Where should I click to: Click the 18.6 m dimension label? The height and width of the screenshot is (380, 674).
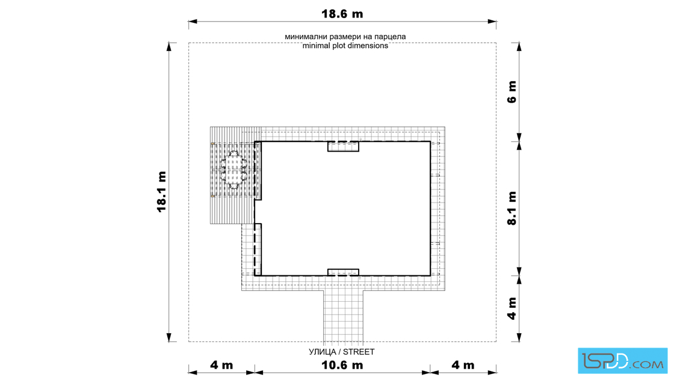[342, 14]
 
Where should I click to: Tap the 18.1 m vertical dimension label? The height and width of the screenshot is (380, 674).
[162, 192]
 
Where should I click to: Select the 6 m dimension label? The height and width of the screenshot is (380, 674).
[512, 91]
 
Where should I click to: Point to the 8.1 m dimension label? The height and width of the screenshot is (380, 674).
[512, 208]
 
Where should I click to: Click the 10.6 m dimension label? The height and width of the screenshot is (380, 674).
[342, 366]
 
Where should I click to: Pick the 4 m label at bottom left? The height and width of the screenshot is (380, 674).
[221, 366]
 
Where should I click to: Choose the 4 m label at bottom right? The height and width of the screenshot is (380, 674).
[463, 366]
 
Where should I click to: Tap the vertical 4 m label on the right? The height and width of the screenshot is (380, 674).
[512, 308]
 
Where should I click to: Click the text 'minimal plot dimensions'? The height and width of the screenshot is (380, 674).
[345, 46]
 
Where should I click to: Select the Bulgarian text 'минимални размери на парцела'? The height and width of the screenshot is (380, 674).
[345, 37]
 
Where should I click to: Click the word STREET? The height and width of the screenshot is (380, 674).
[359, 352]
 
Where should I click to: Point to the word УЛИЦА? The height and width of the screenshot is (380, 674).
[323, 352]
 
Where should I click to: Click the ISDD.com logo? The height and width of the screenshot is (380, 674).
[622, 361]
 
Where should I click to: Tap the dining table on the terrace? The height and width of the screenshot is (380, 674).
[234, 170]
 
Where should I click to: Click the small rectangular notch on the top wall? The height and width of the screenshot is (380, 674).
[343, 147]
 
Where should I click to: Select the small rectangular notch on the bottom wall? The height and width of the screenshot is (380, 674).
[343, 272]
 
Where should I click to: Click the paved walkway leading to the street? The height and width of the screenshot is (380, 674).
[344, 316]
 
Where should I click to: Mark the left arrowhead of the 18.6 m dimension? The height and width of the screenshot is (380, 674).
[193, 21]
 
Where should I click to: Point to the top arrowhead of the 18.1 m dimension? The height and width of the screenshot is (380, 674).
[169, 46]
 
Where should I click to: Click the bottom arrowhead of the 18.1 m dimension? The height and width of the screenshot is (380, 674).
[169, 337]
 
